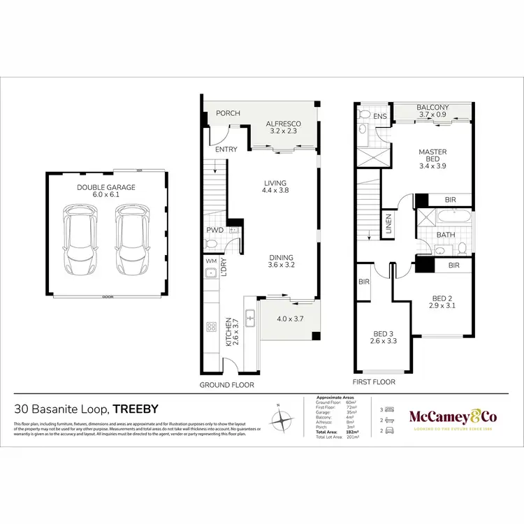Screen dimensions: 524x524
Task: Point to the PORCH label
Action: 227,113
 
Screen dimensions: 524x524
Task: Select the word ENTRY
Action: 226,150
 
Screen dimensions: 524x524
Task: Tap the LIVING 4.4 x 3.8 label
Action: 275,184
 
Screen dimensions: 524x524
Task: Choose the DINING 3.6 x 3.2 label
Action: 282,261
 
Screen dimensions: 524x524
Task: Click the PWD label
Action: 214,230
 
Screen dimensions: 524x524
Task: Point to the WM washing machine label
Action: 210,261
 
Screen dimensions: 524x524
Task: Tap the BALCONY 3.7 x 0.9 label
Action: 433,110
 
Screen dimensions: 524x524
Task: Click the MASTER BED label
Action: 432,157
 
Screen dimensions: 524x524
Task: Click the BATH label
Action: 445,235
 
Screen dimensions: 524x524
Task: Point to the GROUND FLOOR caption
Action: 227,384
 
